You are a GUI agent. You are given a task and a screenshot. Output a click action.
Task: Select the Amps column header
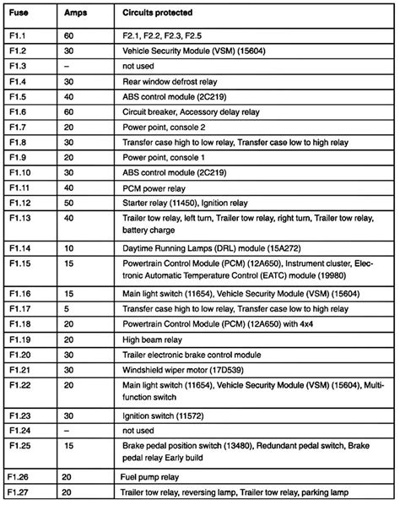tap(74, 14)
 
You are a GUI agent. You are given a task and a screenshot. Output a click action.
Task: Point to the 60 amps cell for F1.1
tap(69, 38)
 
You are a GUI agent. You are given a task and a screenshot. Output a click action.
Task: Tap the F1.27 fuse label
tap(19, 491)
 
